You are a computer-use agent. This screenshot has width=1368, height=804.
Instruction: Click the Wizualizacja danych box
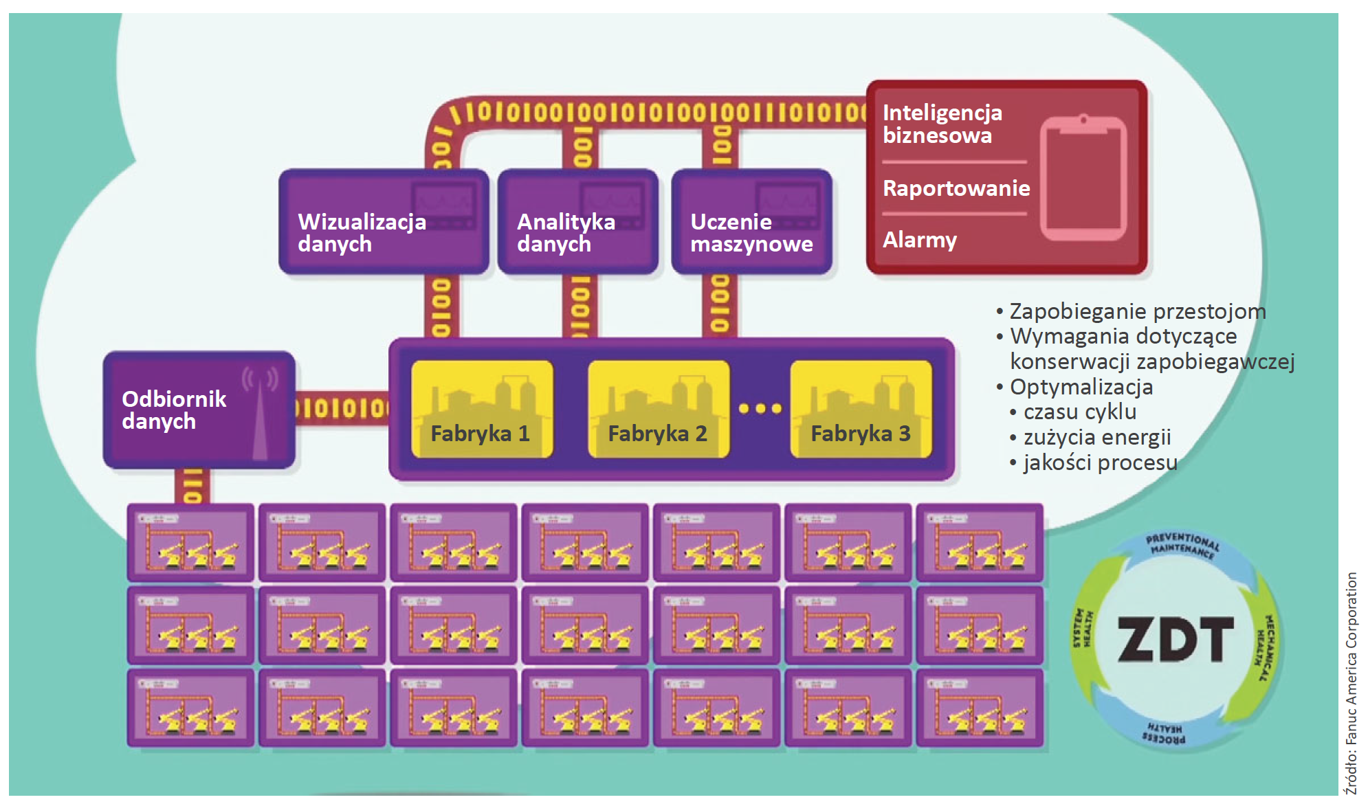(384, 221)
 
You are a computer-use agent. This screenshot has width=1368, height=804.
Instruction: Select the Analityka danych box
(577, 221)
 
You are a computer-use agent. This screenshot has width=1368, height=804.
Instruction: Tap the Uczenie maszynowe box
(751, 221)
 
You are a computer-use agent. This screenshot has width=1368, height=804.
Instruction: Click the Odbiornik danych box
(199, 410)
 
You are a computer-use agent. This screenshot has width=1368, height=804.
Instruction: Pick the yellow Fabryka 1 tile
(482, 410)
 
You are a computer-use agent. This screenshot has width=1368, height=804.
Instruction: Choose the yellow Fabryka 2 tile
(659, 410)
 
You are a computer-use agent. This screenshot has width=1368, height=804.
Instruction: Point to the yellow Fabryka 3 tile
(861, 410)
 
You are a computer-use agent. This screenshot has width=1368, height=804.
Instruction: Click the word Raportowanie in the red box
(956, 188)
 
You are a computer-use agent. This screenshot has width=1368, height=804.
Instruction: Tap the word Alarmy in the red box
(920, 240)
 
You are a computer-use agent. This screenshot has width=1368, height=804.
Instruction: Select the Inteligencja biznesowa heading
(942, 124)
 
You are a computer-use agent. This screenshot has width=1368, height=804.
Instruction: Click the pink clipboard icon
(1083, 178)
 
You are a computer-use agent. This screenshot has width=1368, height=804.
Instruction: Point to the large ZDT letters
(1176, 639)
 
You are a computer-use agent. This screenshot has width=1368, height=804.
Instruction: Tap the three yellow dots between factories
(760, 408)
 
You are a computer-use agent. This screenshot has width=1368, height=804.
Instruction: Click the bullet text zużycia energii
(1096, 437)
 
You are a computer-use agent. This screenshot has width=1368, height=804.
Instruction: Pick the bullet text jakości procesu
(1100, 462)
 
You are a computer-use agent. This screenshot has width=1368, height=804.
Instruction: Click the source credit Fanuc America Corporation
(1352, 684)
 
